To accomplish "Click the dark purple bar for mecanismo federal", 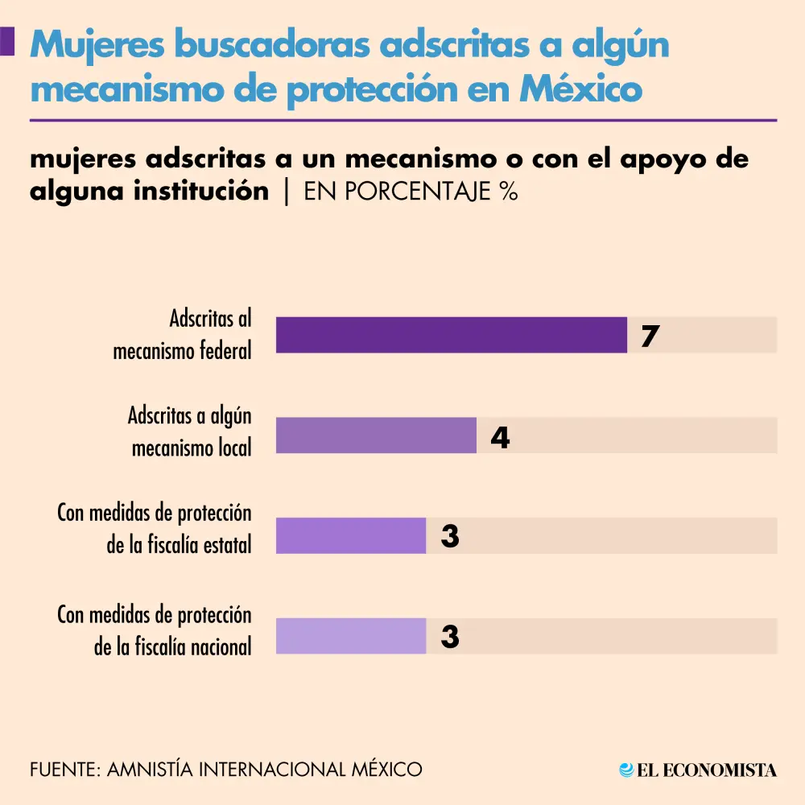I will click(451, 335).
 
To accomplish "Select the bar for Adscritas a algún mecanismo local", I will click(376, 436).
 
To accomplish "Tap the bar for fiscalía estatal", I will click(351, 536).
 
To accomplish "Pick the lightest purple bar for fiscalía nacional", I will click(351, 637).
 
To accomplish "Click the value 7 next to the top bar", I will click(650, 336).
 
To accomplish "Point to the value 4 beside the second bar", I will click(500, 437).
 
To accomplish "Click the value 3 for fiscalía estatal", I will click(450, 537).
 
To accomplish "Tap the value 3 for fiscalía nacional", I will click(450, 638).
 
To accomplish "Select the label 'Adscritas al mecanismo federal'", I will click(183, 335).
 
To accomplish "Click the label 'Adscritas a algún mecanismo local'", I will click(190, 431).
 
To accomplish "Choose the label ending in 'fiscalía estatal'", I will click(155, 529).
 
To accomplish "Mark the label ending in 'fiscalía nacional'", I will click(155, 630).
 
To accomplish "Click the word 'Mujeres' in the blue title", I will click(97, 47).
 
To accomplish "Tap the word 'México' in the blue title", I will click(580, 89).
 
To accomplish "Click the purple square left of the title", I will click(7, 42).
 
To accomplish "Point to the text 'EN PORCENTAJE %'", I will click(411, 192).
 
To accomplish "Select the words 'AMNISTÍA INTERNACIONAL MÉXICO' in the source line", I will click(265, 769).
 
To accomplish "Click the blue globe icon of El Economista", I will click(626, 770).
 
